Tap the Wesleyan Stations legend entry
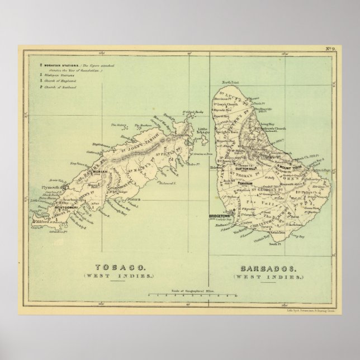tap(58, 76)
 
